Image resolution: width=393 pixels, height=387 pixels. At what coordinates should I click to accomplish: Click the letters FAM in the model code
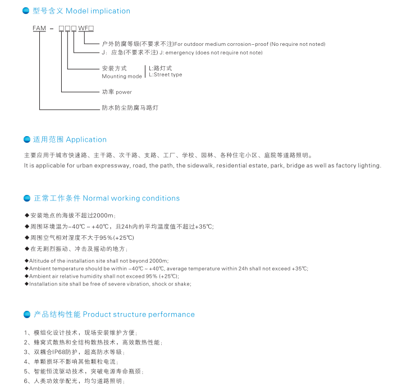point(39,27)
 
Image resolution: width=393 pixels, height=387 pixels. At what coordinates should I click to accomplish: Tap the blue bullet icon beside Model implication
point(26,11)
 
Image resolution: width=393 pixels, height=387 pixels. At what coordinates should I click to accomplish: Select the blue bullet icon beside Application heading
point(26,139)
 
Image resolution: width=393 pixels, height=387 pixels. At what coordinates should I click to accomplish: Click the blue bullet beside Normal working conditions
point(26,198)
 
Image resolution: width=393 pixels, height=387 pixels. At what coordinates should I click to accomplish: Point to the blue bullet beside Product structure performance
point(26,314)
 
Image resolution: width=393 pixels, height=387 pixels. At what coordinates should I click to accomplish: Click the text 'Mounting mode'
point(122,76)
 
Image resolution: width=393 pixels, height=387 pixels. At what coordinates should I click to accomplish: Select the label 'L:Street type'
point(165,74)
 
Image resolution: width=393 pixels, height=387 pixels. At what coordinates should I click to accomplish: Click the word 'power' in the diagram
point(124,92)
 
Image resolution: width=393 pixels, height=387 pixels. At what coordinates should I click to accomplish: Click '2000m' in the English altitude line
point(158,261)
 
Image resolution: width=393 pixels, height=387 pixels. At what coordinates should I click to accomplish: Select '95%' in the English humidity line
point(152,276)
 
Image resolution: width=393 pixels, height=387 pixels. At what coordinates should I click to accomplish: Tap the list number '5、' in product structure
point(27,371)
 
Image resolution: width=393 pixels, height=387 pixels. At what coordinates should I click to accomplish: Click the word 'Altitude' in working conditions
point(39,261)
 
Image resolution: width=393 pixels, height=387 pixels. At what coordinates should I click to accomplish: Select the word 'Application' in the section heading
point(86,139)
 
